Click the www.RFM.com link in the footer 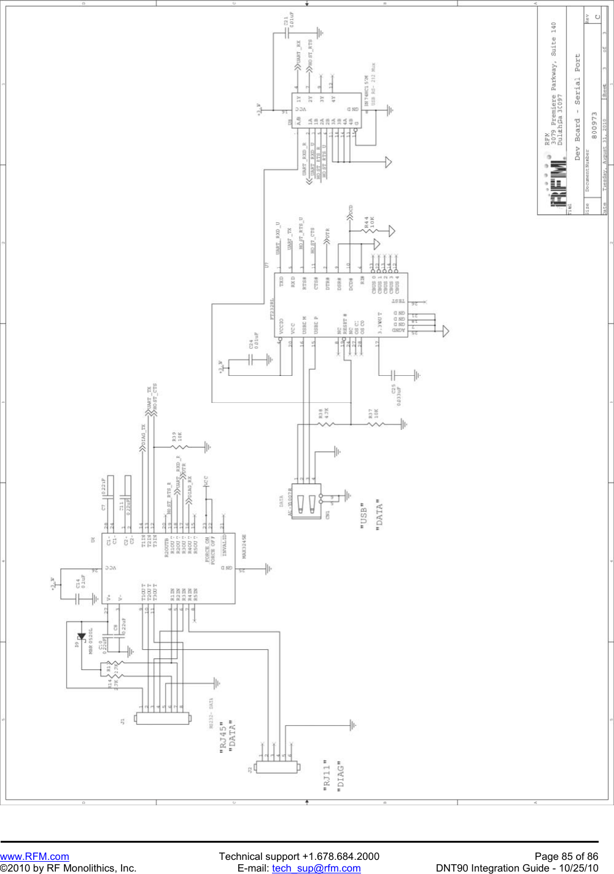34,856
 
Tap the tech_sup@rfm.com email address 316,868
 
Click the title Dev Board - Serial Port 577,107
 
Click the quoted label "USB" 363,517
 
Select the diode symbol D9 81,637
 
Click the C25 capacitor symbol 394,375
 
